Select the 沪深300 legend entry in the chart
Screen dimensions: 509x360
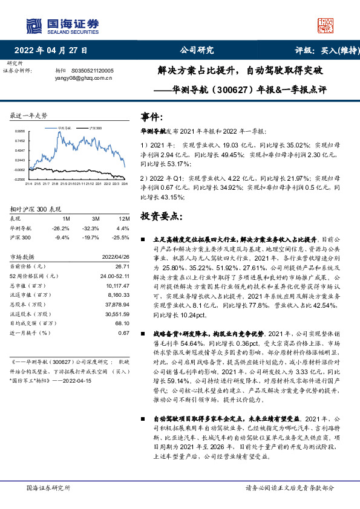pyautogui.click(x=96, y=129)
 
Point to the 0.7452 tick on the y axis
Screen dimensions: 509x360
pyautogui.click(x=20, y=140)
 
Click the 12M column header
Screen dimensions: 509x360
pyautogui.click(x=124, y=218)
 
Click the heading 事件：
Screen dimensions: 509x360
pyautogui.click(x=151, y=116)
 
